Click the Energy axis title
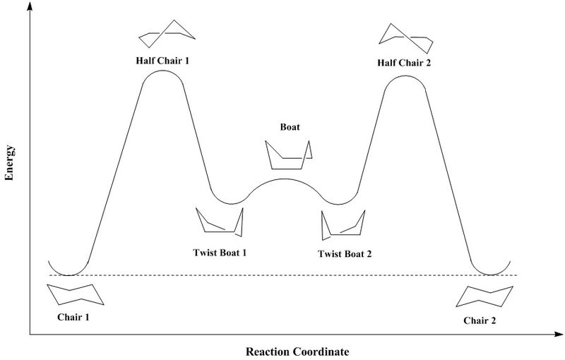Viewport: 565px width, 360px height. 10,164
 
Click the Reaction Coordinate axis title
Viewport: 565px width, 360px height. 297,351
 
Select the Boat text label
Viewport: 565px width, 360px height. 290,127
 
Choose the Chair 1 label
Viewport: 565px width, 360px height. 73,317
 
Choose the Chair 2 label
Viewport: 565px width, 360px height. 480,320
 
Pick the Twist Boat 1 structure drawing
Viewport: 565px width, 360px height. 220,221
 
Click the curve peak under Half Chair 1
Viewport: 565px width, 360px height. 162,71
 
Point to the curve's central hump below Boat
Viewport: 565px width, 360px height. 285,179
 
